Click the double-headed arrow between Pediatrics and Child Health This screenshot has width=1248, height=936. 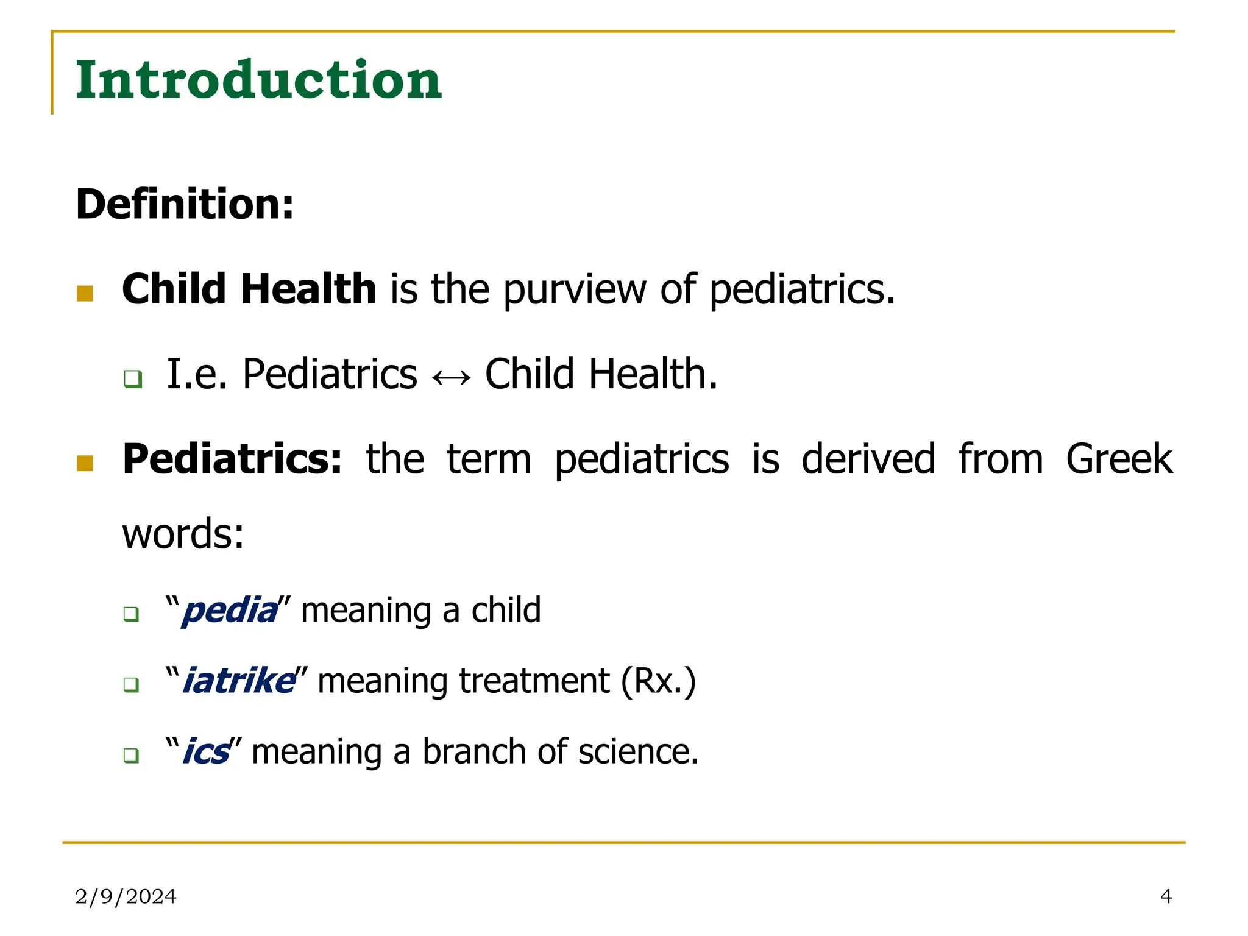click(x=451, y=378)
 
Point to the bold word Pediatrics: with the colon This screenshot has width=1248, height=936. click(x=232, y=459)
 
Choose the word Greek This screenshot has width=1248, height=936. click(x=1119, y=459)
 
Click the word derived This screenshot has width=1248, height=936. click(x=868, y=459)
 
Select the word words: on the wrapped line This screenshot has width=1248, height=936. click(x=183, y=534)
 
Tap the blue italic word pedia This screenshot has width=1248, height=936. click(x=230, y=611)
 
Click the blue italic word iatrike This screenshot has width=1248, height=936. click(x=238, y=681)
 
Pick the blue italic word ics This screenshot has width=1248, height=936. click(x=206, y=752)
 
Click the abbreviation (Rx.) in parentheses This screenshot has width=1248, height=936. click(x=658, y=681)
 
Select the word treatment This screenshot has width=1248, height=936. click(x=534, y=681)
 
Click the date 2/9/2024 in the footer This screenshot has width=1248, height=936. click(x=126, y=896)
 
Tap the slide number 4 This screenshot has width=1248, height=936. click(x=1166, y=896)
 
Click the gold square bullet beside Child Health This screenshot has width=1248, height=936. click(x=85, y=294)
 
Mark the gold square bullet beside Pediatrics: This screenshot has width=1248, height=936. click(x=85, y=464)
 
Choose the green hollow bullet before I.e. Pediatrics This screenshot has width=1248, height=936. click(x=132, y=379)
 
